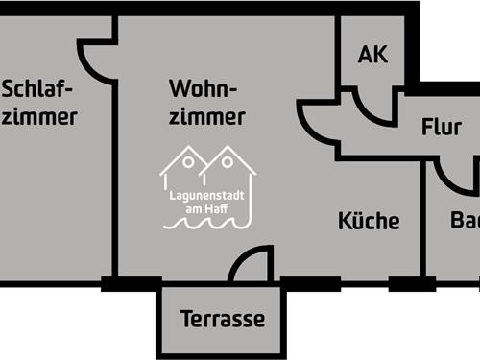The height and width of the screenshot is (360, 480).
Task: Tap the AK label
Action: pyautogui.click(x=372, y=54)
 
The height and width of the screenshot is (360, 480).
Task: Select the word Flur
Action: pyautogui.click(x=442, y=128)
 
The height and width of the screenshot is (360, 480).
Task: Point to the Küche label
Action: pyautogui.click(x=369, y=221)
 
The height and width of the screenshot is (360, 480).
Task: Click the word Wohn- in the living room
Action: pyautogui.click(x=203, y=89)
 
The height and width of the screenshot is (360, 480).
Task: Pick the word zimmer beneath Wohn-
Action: pyautogui.click(x=206, y=117)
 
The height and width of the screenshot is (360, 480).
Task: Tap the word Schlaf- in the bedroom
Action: pyautogui.click(x=38, y=89)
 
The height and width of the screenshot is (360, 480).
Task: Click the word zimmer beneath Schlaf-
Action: pyautogui.click(x=38, y=117)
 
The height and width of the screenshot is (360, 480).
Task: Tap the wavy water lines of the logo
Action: pyautogui.click(x=207, y=224)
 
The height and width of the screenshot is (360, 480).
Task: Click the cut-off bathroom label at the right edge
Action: pyautogui.click(x=466, y=221)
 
